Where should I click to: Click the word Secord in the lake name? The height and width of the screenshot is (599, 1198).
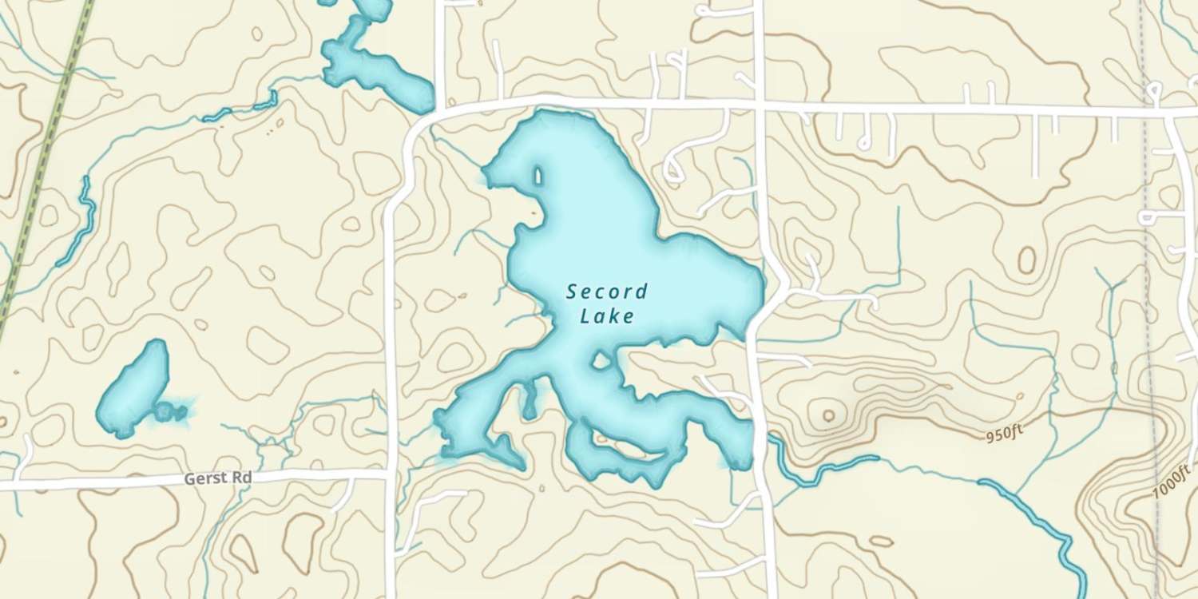(x=607, y=292)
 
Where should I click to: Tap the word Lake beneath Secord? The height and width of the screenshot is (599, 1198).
(x=607, y=316)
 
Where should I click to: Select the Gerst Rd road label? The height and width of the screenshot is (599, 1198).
(x=218, y=478)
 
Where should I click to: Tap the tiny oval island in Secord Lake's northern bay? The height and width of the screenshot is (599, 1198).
(x=538, y=175)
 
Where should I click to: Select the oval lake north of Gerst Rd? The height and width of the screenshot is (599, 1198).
(x=133, y=388)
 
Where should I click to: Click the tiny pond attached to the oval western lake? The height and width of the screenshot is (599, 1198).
(x=169, y=412)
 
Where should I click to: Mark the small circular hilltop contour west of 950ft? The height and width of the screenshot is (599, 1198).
(x=827, y=415)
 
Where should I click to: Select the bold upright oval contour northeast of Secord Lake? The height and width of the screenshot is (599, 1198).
(x=1026, y=260)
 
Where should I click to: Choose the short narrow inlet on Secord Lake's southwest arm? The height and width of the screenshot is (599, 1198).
(x=529, y=401)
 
